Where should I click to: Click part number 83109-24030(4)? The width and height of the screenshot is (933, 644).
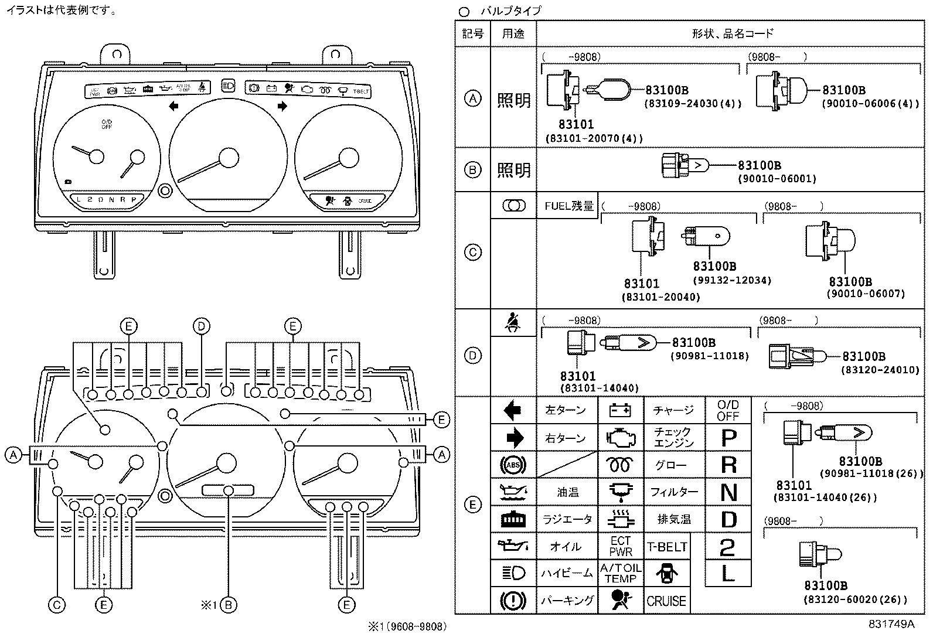click(693, 103)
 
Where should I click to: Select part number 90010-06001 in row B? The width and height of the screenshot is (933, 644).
click(777, 178)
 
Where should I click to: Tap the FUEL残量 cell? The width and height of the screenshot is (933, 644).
click(569, 206)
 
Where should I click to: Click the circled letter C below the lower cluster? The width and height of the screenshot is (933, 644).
click(57, 605)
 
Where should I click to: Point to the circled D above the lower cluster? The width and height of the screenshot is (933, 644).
click(201, 326)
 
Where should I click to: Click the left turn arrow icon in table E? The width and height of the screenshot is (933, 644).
click(513, 410)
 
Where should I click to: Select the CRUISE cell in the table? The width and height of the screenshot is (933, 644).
click(666, 601)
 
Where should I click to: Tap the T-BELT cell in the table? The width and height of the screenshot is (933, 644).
click(666, 547)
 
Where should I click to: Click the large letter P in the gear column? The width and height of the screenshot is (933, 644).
click(728, 438)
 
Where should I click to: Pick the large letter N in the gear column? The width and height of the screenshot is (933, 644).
click(728, 492)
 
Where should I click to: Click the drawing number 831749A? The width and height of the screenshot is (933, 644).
click(891, 624)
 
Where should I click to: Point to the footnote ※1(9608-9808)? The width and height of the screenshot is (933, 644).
click(407, 626)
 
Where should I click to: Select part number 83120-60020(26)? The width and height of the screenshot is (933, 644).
click(855, 599)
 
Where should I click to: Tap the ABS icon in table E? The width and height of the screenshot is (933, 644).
click(513, 465)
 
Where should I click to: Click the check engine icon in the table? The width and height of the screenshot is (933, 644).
click(620, 438)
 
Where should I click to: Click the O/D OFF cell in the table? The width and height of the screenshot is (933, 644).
click(728, 411)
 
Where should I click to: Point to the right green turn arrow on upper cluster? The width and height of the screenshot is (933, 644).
click(282, 106)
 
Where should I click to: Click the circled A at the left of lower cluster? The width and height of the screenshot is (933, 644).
click(12, 454)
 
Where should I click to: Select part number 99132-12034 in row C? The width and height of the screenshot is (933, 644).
click(732, 280)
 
